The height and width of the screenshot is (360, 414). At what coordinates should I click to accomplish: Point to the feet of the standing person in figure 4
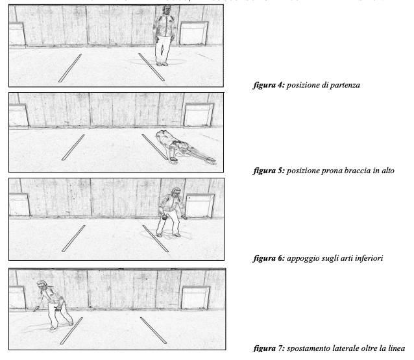pyautogui.click(x=162, y=63)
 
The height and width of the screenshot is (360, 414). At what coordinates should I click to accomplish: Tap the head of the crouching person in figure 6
pyautogui.click(x=173, y=195)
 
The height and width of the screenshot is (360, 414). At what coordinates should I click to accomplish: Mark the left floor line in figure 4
pyautogui.click(x=70, y=68)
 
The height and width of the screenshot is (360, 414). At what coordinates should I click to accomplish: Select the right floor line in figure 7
pyautogui.click(x=153, y=330)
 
